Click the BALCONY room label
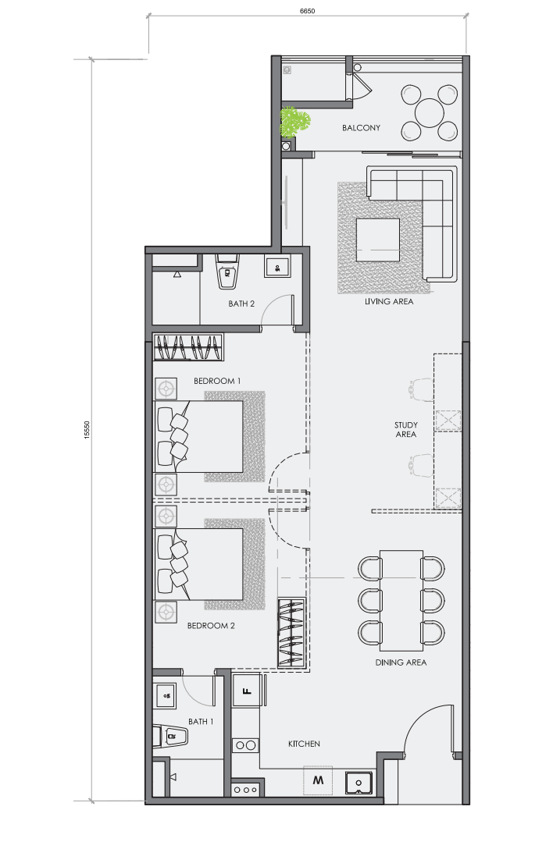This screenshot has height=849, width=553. click(x=361, y=128)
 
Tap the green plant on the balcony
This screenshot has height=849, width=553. click(x=294, y=122)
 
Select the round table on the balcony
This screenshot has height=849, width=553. click(x=429, y=112)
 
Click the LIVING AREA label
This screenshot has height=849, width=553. click(x=389, y=301)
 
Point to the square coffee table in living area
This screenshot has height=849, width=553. click(x=378, y=240)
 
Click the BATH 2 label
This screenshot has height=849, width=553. click(x=241, y=304)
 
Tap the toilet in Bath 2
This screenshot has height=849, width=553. click(x=228, y=272)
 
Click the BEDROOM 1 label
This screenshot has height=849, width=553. click(x=217, y=381)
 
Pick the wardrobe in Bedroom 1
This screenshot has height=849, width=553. click(x=188, y=347)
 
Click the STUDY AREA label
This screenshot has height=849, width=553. click(x=405, y=429)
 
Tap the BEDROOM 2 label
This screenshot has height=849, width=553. click(x=211, y=626)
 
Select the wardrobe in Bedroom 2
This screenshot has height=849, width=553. click(x=291, y=633)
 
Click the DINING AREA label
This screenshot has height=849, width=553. click(x=401, y=663)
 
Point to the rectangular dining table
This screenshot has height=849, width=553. click(x=401, y=601)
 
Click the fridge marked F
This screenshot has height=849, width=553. click(x=247, y=691)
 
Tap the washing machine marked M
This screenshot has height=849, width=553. click(x=318, y=780)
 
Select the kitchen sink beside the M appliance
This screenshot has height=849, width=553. click(x=359, y=783)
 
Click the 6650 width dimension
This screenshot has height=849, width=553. click(x=308, y=10)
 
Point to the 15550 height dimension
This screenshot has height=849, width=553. click(x=86, y=430)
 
